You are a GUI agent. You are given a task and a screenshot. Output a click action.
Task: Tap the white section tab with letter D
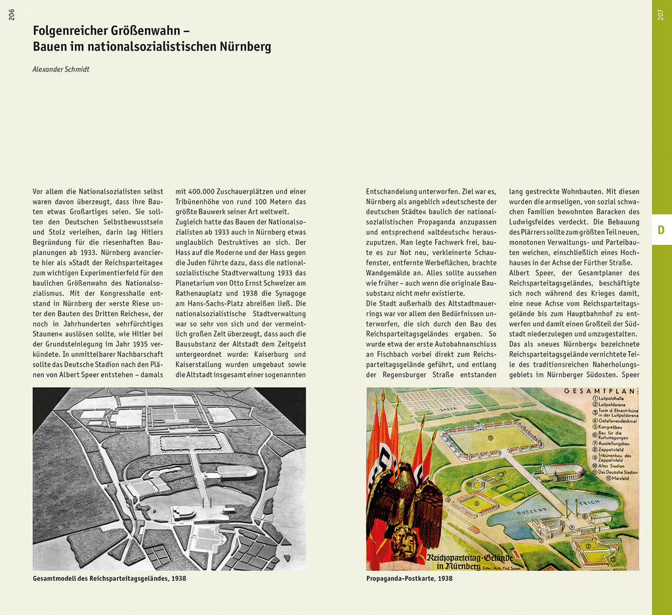click(661, 230)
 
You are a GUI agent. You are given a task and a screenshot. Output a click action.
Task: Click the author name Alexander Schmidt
click(61, 69)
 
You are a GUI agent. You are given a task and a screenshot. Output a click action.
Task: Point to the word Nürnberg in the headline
click(245, 47)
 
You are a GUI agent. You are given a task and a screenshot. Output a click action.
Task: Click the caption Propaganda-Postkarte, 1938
click(409, 579)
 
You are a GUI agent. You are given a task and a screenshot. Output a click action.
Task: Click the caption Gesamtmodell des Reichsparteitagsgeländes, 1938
click(109, 579)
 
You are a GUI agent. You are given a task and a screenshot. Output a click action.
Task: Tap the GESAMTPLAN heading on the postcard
click(600, 392)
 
